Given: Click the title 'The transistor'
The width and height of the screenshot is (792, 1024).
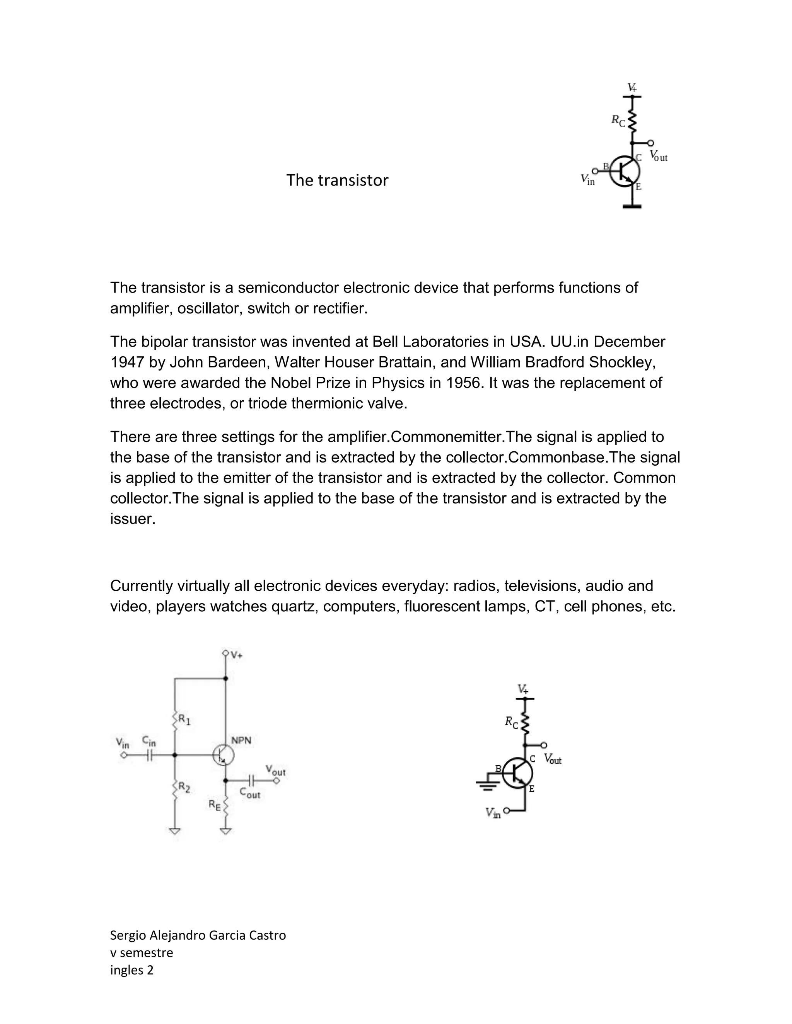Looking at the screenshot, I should pyautogui.click(x=337, y=180).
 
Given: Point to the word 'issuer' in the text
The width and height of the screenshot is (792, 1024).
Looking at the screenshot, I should pyautogui.click(x=131, y=519).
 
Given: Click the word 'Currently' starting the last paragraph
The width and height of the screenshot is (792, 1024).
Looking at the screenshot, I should pyautogui.click(x=141, y=586).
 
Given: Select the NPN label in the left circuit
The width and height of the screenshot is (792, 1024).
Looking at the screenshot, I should pyautogui.click(x=241, y=740).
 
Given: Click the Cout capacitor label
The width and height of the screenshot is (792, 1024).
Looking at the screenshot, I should pyautogui.click(x=249, y=793).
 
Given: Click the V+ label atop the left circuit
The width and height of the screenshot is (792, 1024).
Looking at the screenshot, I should pyautogui.click(x=236, y=655).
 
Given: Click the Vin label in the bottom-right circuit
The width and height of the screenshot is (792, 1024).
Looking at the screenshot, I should pyautogui.click(x=493, y=813).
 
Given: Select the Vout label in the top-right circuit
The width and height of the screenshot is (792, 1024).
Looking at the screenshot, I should pyautogui.click(x=659, y=156).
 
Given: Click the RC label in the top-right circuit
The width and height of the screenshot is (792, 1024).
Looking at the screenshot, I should pyautogui.click(x=618, y=121).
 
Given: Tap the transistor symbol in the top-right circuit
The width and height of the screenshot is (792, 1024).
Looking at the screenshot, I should pyautogui.click(x=625, y=171).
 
